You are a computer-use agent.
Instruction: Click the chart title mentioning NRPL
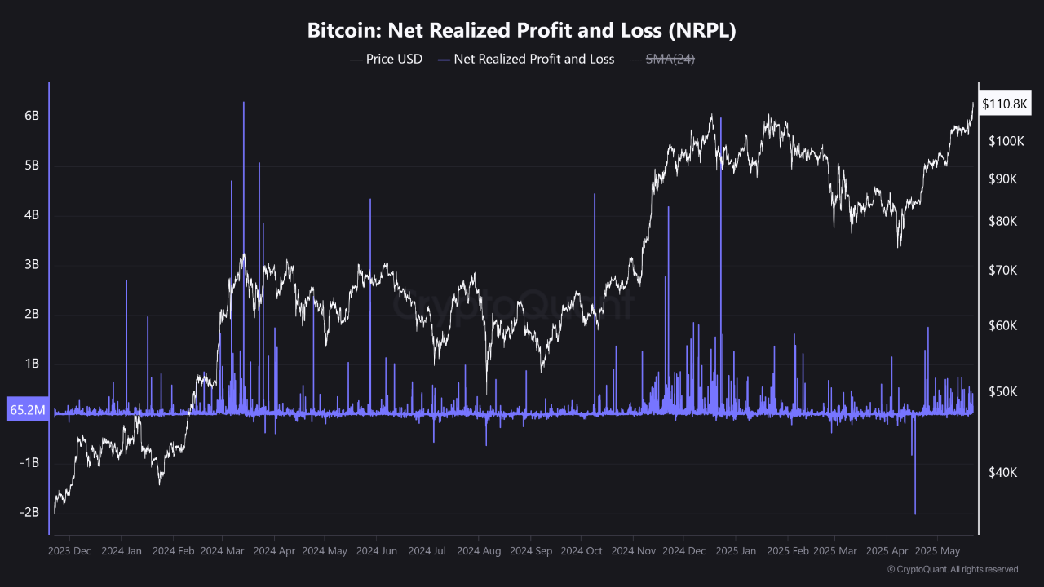pos(522,31)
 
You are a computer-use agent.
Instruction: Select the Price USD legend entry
pos(386,59)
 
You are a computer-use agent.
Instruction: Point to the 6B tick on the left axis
pos(31,116)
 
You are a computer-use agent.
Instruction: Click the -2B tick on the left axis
pos(29,512)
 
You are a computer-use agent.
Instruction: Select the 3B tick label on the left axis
pos(31,264)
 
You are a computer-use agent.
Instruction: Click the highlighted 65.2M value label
pos(26,410)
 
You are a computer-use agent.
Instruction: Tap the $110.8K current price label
pos(1006,104)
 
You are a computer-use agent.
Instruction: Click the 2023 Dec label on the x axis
pos(69,551)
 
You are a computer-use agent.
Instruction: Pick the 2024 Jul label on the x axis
pos(427,551)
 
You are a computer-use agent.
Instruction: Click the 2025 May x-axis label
pos(939,551)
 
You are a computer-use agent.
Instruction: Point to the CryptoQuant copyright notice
pos(952,569)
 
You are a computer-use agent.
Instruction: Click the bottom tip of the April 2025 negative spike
pos(915,514)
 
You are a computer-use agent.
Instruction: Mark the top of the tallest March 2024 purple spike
pos(243,103)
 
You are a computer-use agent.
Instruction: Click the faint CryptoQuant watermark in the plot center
pos(514,306)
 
